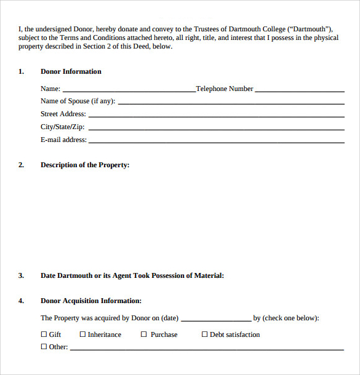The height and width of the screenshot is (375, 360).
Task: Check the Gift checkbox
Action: coord(44,334)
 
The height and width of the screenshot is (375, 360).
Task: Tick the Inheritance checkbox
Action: coord(82,334)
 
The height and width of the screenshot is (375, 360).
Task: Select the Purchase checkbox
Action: coord(144,334)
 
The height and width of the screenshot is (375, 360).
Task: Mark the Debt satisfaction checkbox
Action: coord(205,334)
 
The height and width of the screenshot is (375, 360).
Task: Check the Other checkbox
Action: coord(44,347)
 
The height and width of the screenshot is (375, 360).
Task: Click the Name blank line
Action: coord(129,91)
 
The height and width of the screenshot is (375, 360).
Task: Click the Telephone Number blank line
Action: coord(300,91)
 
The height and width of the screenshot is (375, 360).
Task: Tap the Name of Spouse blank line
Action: coord(231,103)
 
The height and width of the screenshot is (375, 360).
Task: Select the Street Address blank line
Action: coord(216,116)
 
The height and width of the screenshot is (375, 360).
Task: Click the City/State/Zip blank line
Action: coord(216,129)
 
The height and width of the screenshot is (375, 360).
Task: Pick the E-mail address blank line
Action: coord(216,142)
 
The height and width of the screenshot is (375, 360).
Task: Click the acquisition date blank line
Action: coord(216,320)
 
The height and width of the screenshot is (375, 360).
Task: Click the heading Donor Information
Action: coord(71,72)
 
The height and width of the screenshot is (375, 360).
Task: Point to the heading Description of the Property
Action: coord(85,165)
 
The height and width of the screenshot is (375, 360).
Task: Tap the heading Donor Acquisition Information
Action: coord(91,301)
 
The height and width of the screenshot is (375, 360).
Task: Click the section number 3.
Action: coord(21,275)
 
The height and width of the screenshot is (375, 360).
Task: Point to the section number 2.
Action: coord(21,165)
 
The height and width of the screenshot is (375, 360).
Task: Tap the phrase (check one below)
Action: coord(290,318)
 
